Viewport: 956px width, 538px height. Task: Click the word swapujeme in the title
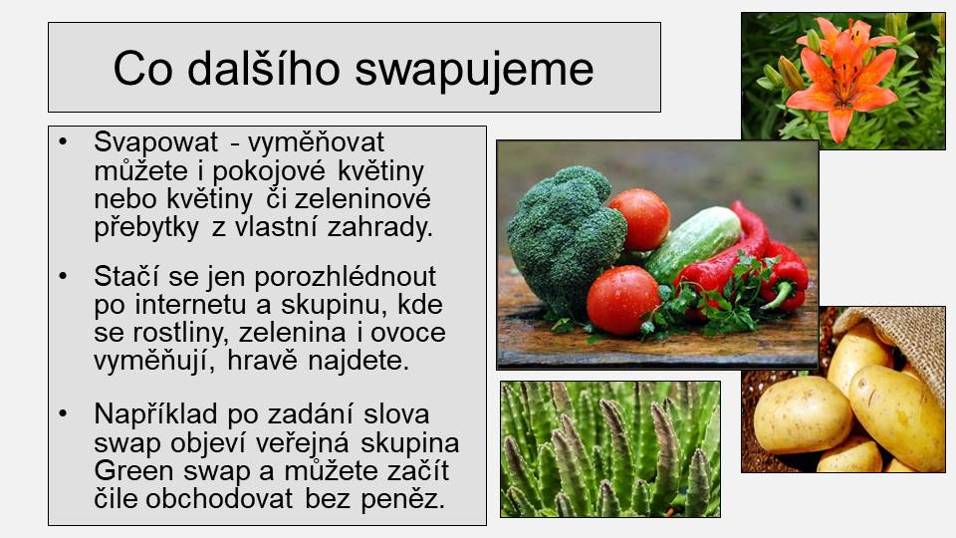click(474, 70)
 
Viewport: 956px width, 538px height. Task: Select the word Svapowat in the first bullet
click(155, 142)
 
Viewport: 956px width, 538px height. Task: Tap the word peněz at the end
click(402, 500)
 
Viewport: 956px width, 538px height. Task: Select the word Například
click(155, 414)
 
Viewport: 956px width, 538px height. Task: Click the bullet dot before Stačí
click(63, 276)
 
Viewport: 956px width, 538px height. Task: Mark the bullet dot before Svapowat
click(63, 141)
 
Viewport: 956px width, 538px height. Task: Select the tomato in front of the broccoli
click(623, 300)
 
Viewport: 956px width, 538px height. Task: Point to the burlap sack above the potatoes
click(901, 345)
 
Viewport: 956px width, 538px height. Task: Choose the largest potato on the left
click(803, 414)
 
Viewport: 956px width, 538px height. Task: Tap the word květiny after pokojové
click(380, 172)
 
